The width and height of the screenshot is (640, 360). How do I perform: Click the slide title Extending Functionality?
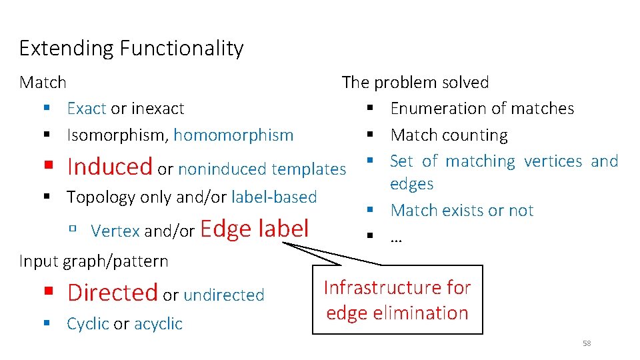[x=131, y=49]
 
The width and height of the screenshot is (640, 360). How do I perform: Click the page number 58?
[x=587, y=343]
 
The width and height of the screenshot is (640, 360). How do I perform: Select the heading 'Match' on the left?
[x=43, y=83]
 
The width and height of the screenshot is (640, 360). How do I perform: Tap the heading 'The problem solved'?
[x=415, y=83]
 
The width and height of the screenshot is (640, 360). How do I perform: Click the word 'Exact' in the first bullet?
[x=87, y=109]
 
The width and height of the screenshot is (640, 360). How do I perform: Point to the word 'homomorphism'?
[x=233, y=135]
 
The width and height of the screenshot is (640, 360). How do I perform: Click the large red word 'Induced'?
[x=110, y=166]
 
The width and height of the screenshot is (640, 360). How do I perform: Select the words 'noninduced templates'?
[x=262, y=169]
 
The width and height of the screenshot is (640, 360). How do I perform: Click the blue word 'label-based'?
[x=274, y=197]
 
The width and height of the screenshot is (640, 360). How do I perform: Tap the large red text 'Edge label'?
[x=254, y=229]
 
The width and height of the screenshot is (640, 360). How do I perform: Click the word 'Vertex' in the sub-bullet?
[x=115, y=231]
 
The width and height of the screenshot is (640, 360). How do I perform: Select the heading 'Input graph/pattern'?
[x=94, y=261]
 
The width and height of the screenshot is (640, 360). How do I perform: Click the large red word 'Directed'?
[x=112, y=292]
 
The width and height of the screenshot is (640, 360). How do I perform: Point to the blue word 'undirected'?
[x=223, y=295]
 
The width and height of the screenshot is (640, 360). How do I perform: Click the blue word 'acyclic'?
[x=158, y=324]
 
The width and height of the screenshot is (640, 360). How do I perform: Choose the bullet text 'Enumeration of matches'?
[x=482, y=109]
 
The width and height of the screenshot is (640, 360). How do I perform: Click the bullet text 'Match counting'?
[x=449, y=135]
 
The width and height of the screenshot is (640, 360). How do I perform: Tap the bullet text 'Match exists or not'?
[x=462, y=211]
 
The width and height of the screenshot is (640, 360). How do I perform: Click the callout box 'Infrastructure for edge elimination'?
[x=397, y=300]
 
